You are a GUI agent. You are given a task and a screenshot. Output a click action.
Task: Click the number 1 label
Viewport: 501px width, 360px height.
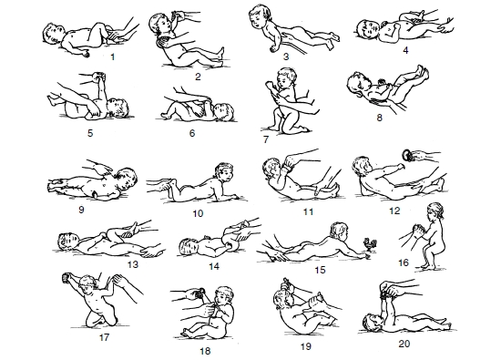pos(112,57)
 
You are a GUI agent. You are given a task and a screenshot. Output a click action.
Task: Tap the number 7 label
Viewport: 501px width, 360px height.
pos(266,139)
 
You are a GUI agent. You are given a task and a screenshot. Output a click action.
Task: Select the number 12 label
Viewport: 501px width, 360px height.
pos(394,211)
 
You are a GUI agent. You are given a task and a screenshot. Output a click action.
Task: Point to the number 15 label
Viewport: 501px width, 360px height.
pos(320,270)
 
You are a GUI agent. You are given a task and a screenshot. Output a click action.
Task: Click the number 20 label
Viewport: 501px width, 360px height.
pos(404,344)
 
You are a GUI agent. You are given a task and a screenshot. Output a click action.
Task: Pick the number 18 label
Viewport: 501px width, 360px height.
pos(205,351)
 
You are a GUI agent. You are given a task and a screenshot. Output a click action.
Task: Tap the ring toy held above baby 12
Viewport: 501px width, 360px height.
pos(408,155)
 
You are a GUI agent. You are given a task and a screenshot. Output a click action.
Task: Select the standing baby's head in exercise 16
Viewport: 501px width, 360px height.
pos(435,211)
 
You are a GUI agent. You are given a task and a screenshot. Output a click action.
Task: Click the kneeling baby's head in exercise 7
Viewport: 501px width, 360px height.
pos(287,77)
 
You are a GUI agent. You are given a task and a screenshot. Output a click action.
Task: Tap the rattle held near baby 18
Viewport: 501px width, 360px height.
pos(200,293)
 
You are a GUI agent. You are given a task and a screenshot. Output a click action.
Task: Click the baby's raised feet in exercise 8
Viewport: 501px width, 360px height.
pos(421,73)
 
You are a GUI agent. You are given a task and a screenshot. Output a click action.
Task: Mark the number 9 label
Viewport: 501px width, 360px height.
pos(81,210)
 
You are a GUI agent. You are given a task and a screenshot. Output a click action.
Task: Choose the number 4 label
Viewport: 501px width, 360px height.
pos(405,50)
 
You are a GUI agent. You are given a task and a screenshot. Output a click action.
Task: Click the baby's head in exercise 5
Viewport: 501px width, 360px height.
pos(118,108)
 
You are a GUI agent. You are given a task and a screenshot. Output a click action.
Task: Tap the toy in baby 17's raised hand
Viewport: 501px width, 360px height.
pos(66,277)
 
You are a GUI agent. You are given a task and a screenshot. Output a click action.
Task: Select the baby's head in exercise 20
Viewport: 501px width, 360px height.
pos(373,323)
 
